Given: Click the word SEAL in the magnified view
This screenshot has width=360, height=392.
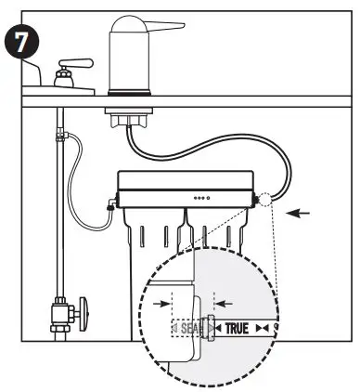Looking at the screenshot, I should coord(185,329).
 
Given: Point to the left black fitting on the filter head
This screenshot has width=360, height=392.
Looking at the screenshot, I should coord(112,205).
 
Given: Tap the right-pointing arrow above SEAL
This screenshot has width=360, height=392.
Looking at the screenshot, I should coord(164,302).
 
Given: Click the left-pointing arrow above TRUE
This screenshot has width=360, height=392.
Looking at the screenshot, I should coord(224,302).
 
